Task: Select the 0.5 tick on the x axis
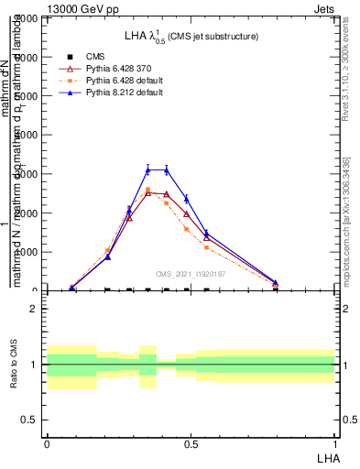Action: [190, 443]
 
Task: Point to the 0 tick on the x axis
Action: [46, 443]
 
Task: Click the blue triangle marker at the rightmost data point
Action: [275, 283]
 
